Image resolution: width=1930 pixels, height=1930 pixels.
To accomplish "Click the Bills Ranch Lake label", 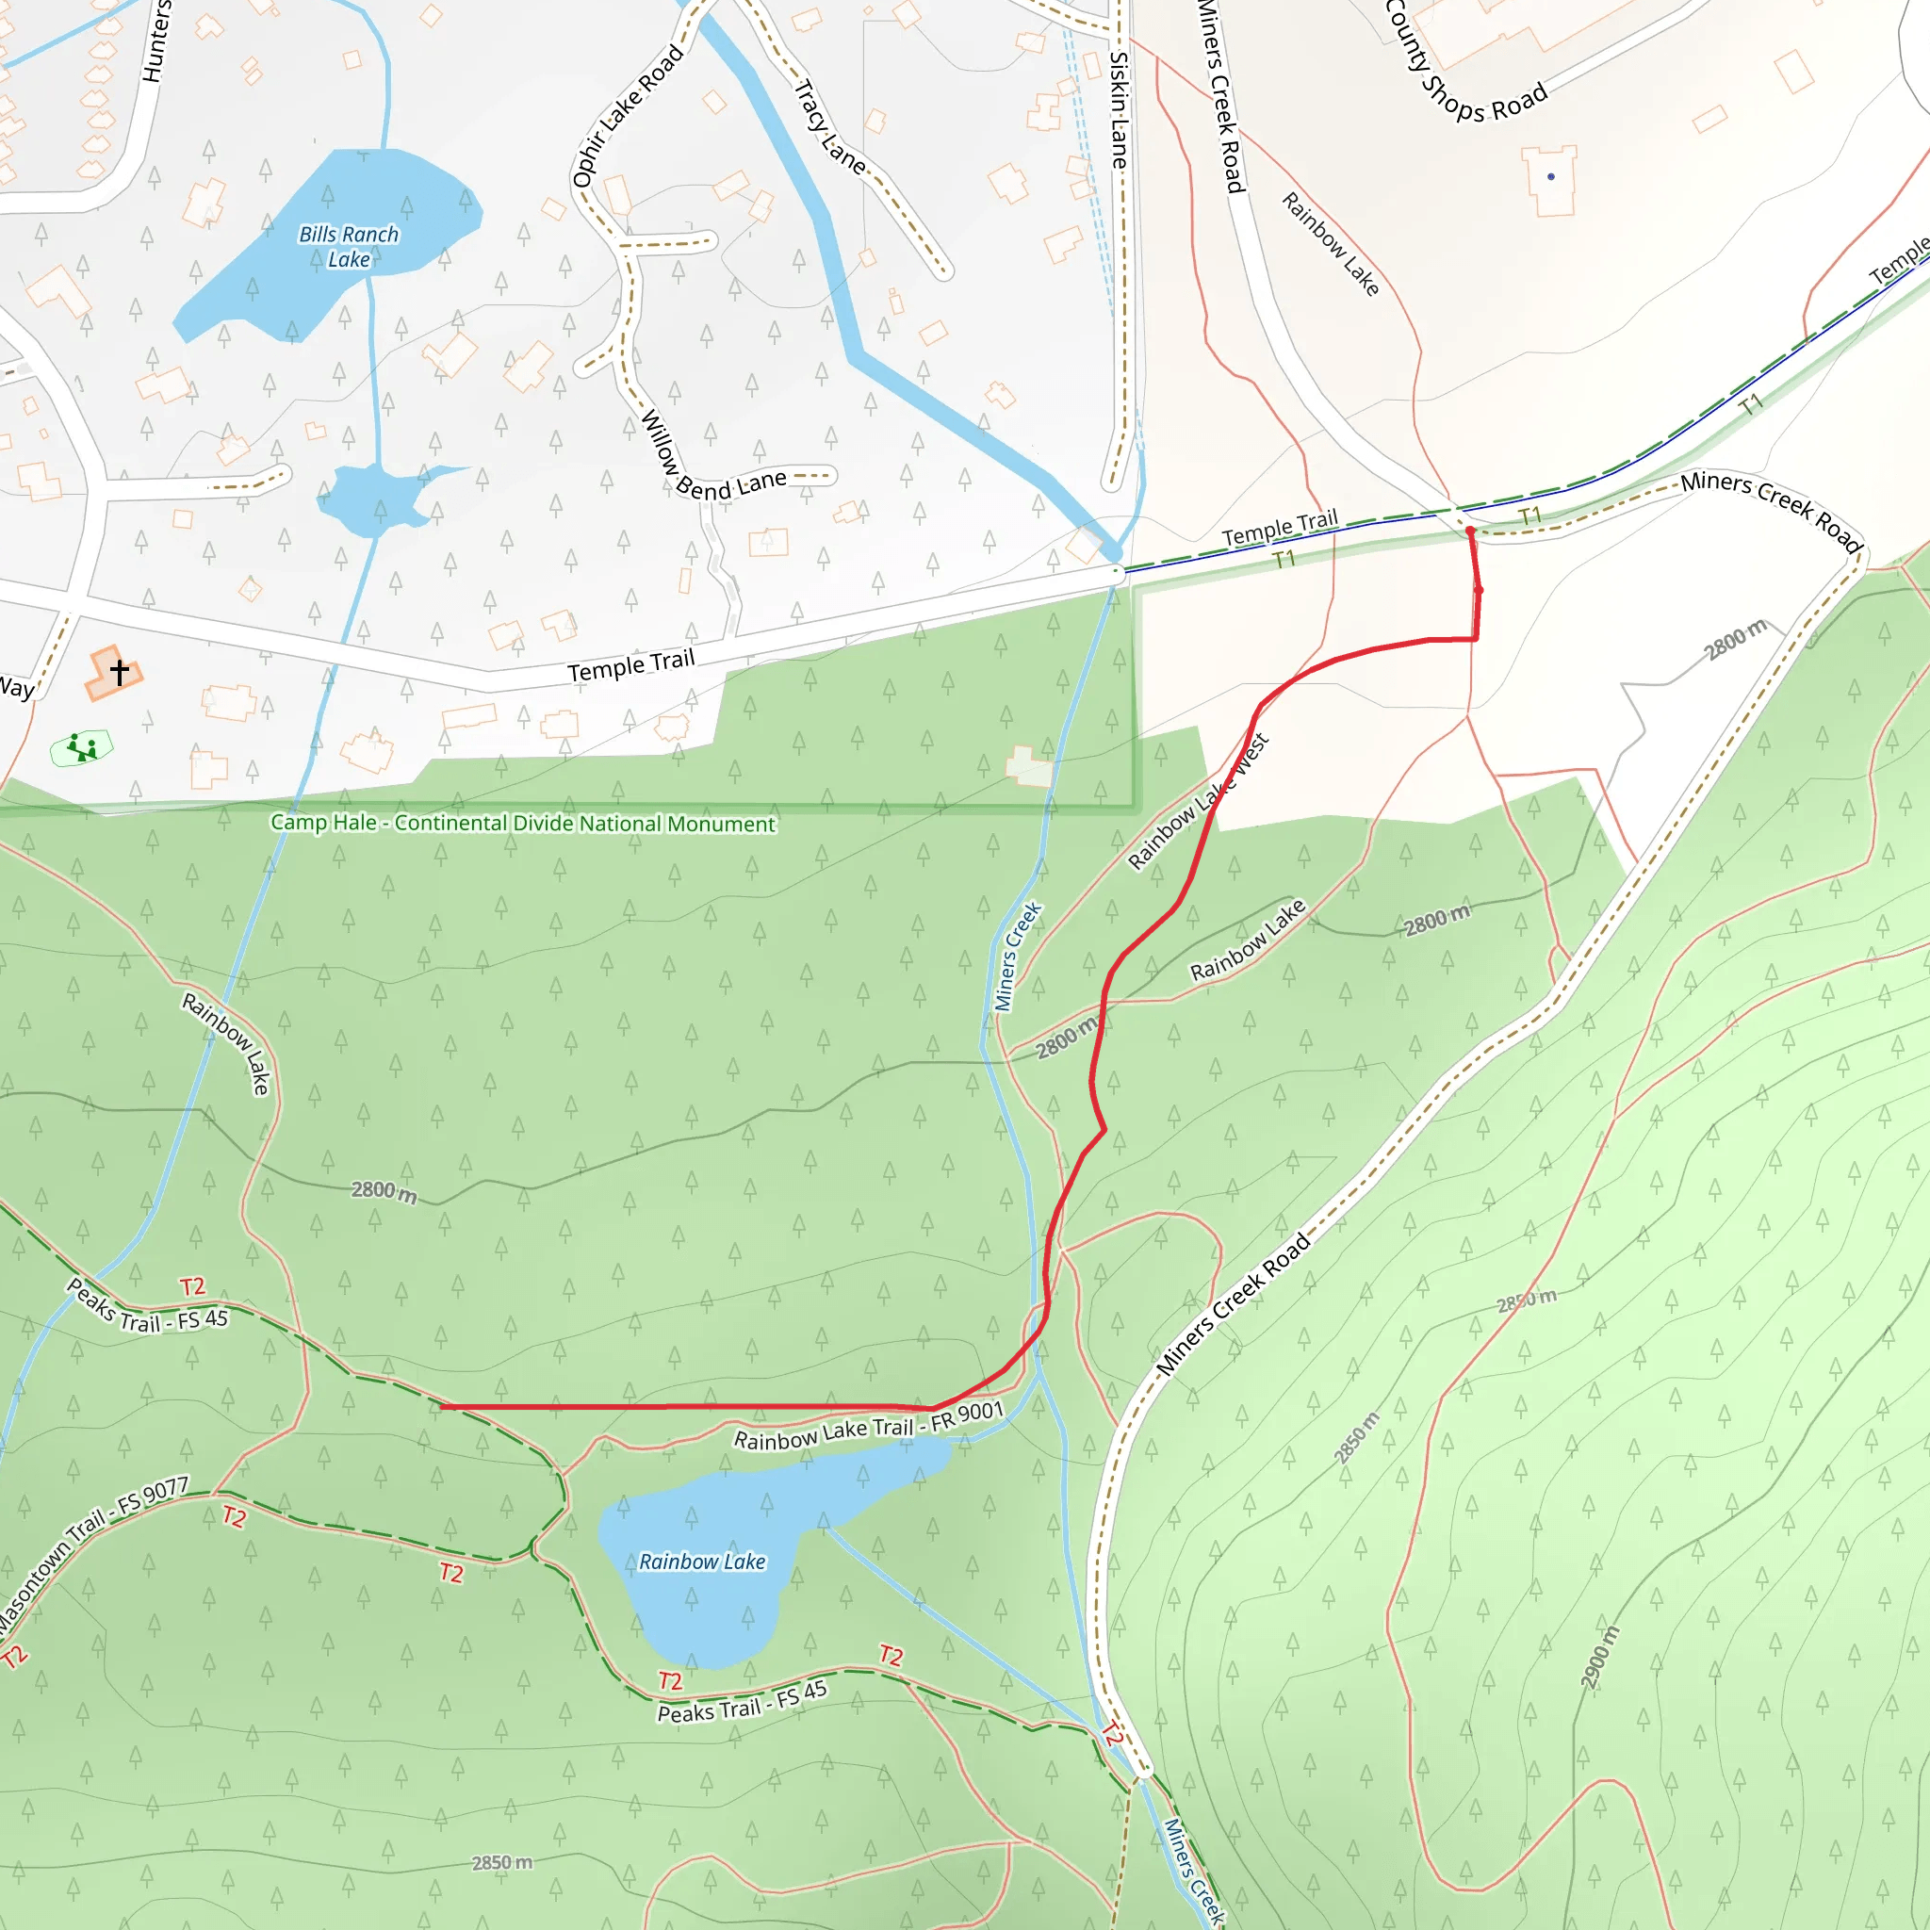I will point(349,247).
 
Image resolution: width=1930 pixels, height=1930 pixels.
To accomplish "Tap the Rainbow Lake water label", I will point(702,1562).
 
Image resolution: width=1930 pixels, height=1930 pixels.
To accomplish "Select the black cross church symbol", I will point(120,671).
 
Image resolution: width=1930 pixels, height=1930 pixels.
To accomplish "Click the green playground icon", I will point(82,747).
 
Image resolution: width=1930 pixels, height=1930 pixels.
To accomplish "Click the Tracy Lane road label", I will point(829,127).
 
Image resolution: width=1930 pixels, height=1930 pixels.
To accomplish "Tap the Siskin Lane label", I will point(1120,110).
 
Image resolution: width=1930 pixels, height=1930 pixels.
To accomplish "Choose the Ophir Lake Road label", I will point(628,116).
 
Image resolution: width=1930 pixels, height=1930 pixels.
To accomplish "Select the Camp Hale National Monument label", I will point(522,823).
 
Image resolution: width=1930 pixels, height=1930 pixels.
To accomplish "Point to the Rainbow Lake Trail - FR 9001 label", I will point(868,1427).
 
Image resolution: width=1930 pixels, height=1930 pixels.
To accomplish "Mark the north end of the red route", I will point(1469,532).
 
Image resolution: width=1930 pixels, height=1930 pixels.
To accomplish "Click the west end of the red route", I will point(443,1407).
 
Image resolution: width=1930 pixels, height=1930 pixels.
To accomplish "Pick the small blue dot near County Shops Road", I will point(1550,177).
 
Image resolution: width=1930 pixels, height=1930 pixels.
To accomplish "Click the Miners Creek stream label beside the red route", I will point(1018,956).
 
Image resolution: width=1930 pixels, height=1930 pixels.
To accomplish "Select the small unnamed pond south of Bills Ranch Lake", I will point(380,499).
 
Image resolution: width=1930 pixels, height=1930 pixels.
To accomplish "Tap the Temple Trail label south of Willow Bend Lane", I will point(630,665).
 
